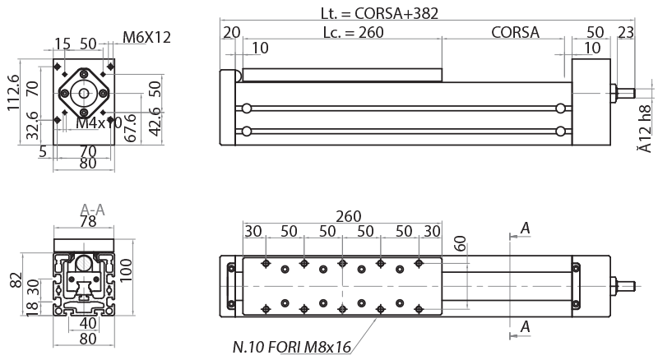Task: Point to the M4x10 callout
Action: point(99,122)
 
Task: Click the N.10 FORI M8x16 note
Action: point(292,348)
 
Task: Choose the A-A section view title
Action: point(93,210)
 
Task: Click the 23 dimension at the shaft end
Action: point(625,33)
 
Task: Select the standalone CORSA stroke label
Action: point(515,33)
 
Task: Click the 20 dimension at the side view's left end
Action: point(231,33)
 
